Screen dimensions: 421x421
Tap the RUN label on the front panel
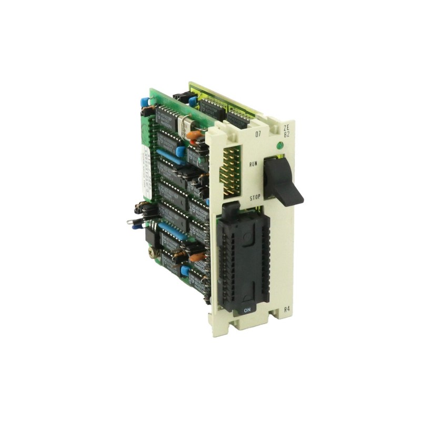[255, 164]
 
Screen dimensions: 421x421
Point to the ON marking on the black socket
[247, 310]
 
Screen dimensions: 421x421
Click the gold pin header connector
[230, 168]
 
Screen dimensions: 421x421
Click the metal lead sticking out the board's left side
[132, 222]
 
